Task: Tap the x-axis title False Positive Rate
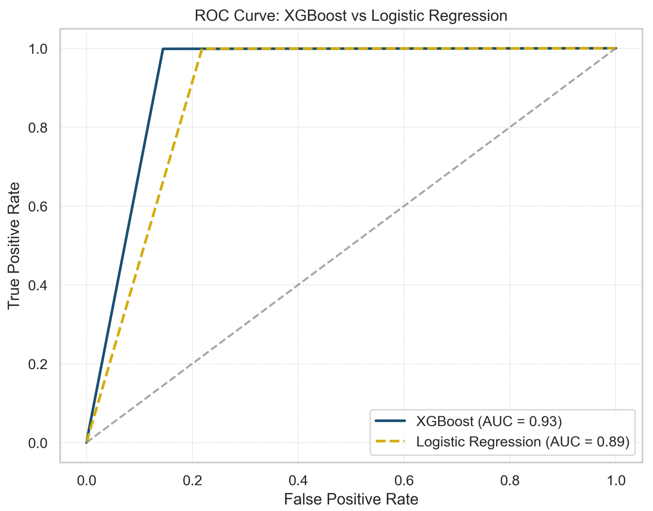(351, 499)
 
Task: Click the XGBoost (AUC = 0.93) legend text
(489, 421)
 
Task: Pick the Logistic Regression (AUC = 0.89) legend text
(522, 442)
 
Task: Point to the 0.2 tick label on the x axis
(192, 481)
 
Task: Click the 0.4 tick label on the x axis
(298, 481)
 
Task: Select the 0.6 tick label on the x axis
(404, 481)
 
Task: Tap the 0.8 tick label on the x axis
(510, 481)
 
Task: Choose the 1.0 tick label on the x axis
(616, 481)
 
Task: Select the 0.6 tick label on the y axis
(38, 206)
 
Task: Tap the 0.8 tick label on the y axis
(38, 128)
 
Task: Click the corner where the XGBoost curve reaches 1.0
(163, 48)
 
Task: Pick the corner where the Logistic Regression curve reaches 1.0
(203, 48)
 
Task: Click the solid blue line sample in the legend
(390, 421)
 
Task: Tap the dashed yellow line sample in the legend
(390, 441)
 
